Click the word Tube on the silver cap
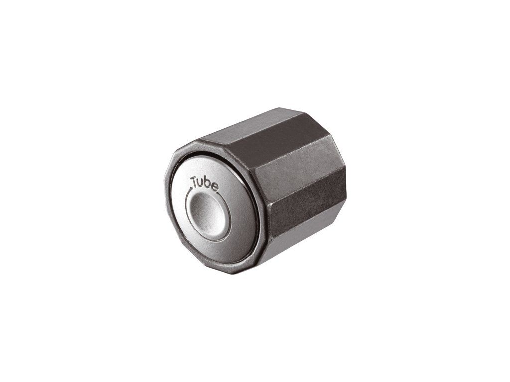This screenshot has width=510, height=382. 205,183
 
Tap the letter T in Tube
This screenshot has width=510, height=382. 195,182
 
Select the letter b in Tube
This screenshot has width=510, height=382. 208,183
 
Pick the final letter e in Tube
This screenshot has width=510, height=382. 215,187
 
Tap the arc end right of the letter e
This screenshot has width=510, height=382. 219,193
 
